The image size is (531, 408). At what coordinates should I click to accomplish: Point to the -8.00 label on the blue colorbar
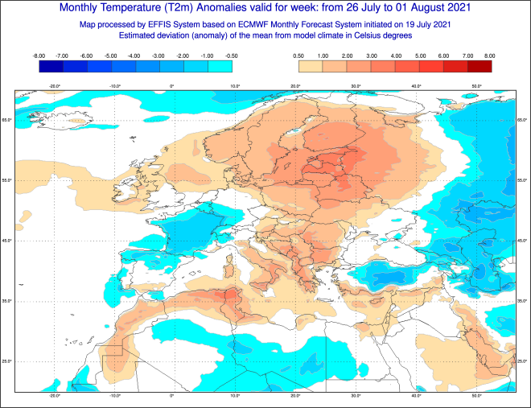tap(39, 56)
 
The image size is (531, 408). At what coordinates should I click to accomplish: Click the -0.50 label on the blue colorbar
tap(233, 56)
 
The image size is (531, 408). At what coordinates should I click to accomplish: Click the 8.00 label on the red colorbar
tap(490, 56)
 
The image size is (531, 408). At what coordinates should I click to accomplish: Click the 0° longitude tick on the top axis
tap(172, 85)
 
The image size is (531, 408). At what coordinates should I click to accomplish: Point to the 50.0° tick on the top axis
tap(476, 85)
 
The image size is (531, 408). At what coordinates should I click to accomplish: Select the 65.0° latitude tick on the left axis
tap(6, 120)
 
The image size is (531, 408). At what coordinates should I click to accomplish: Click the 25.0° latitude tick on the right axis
tap(523, 361)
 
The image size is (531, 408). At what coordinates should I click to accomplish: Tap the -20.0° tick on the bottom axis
tap(54, 396)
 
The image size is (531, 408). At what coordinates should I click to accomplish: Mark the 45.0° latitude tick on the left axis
tap(6, 241)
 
